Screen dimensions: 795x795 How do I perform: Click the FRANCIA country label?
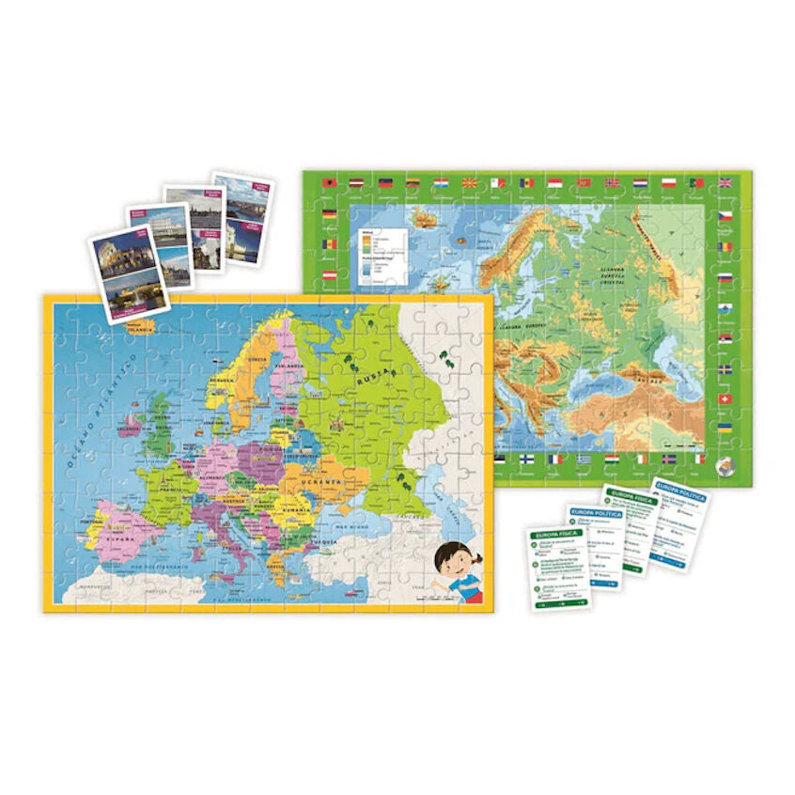[x=172, y=490]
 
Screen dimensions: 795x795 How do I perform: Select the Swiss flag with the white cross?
[x=725, y=399]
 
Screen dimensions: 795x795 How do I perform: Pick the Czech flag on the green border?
[x=725, y=215]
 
